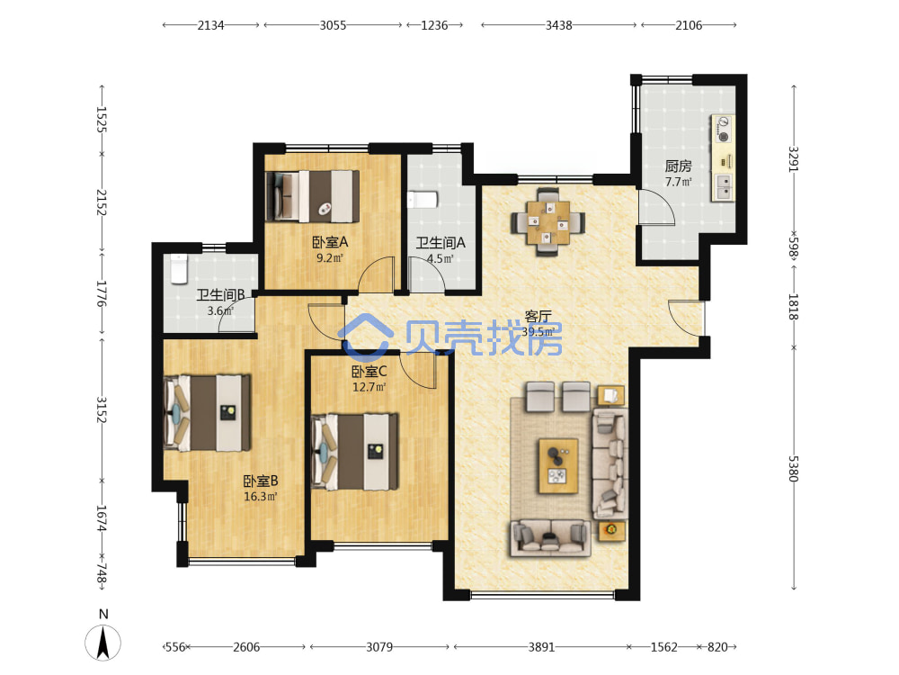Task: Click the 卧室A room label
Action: [330, 242]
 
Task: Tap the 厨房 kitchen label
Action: [678, 166]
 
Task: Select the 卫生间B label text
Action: [221, 295]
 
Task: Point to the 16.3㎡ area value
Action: [261, 497]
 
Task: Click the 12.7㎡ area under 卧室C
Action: [369, 387]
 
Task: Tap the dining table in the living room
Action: [548, 221]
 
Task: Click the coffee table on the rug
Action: [558, 465]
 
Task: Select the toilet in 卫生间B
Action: [179, 269]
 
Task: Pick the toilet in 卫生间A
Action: [423, 200]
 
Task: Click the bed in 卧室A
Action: [313, 196]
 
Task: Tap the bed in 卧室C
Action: [354, 452]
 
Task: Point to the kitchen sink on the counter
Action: [723, 187]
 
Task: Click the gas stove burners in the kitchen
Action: [724, 129]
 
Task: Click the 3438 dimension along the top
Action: [558, 25]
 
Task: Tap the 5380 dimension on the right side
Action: [794, 469]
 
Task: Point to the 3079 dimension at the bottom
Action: [379, 647]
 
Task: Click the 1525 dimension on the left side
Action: [102, 120]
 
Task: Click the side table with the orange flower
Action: [611, 530]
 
